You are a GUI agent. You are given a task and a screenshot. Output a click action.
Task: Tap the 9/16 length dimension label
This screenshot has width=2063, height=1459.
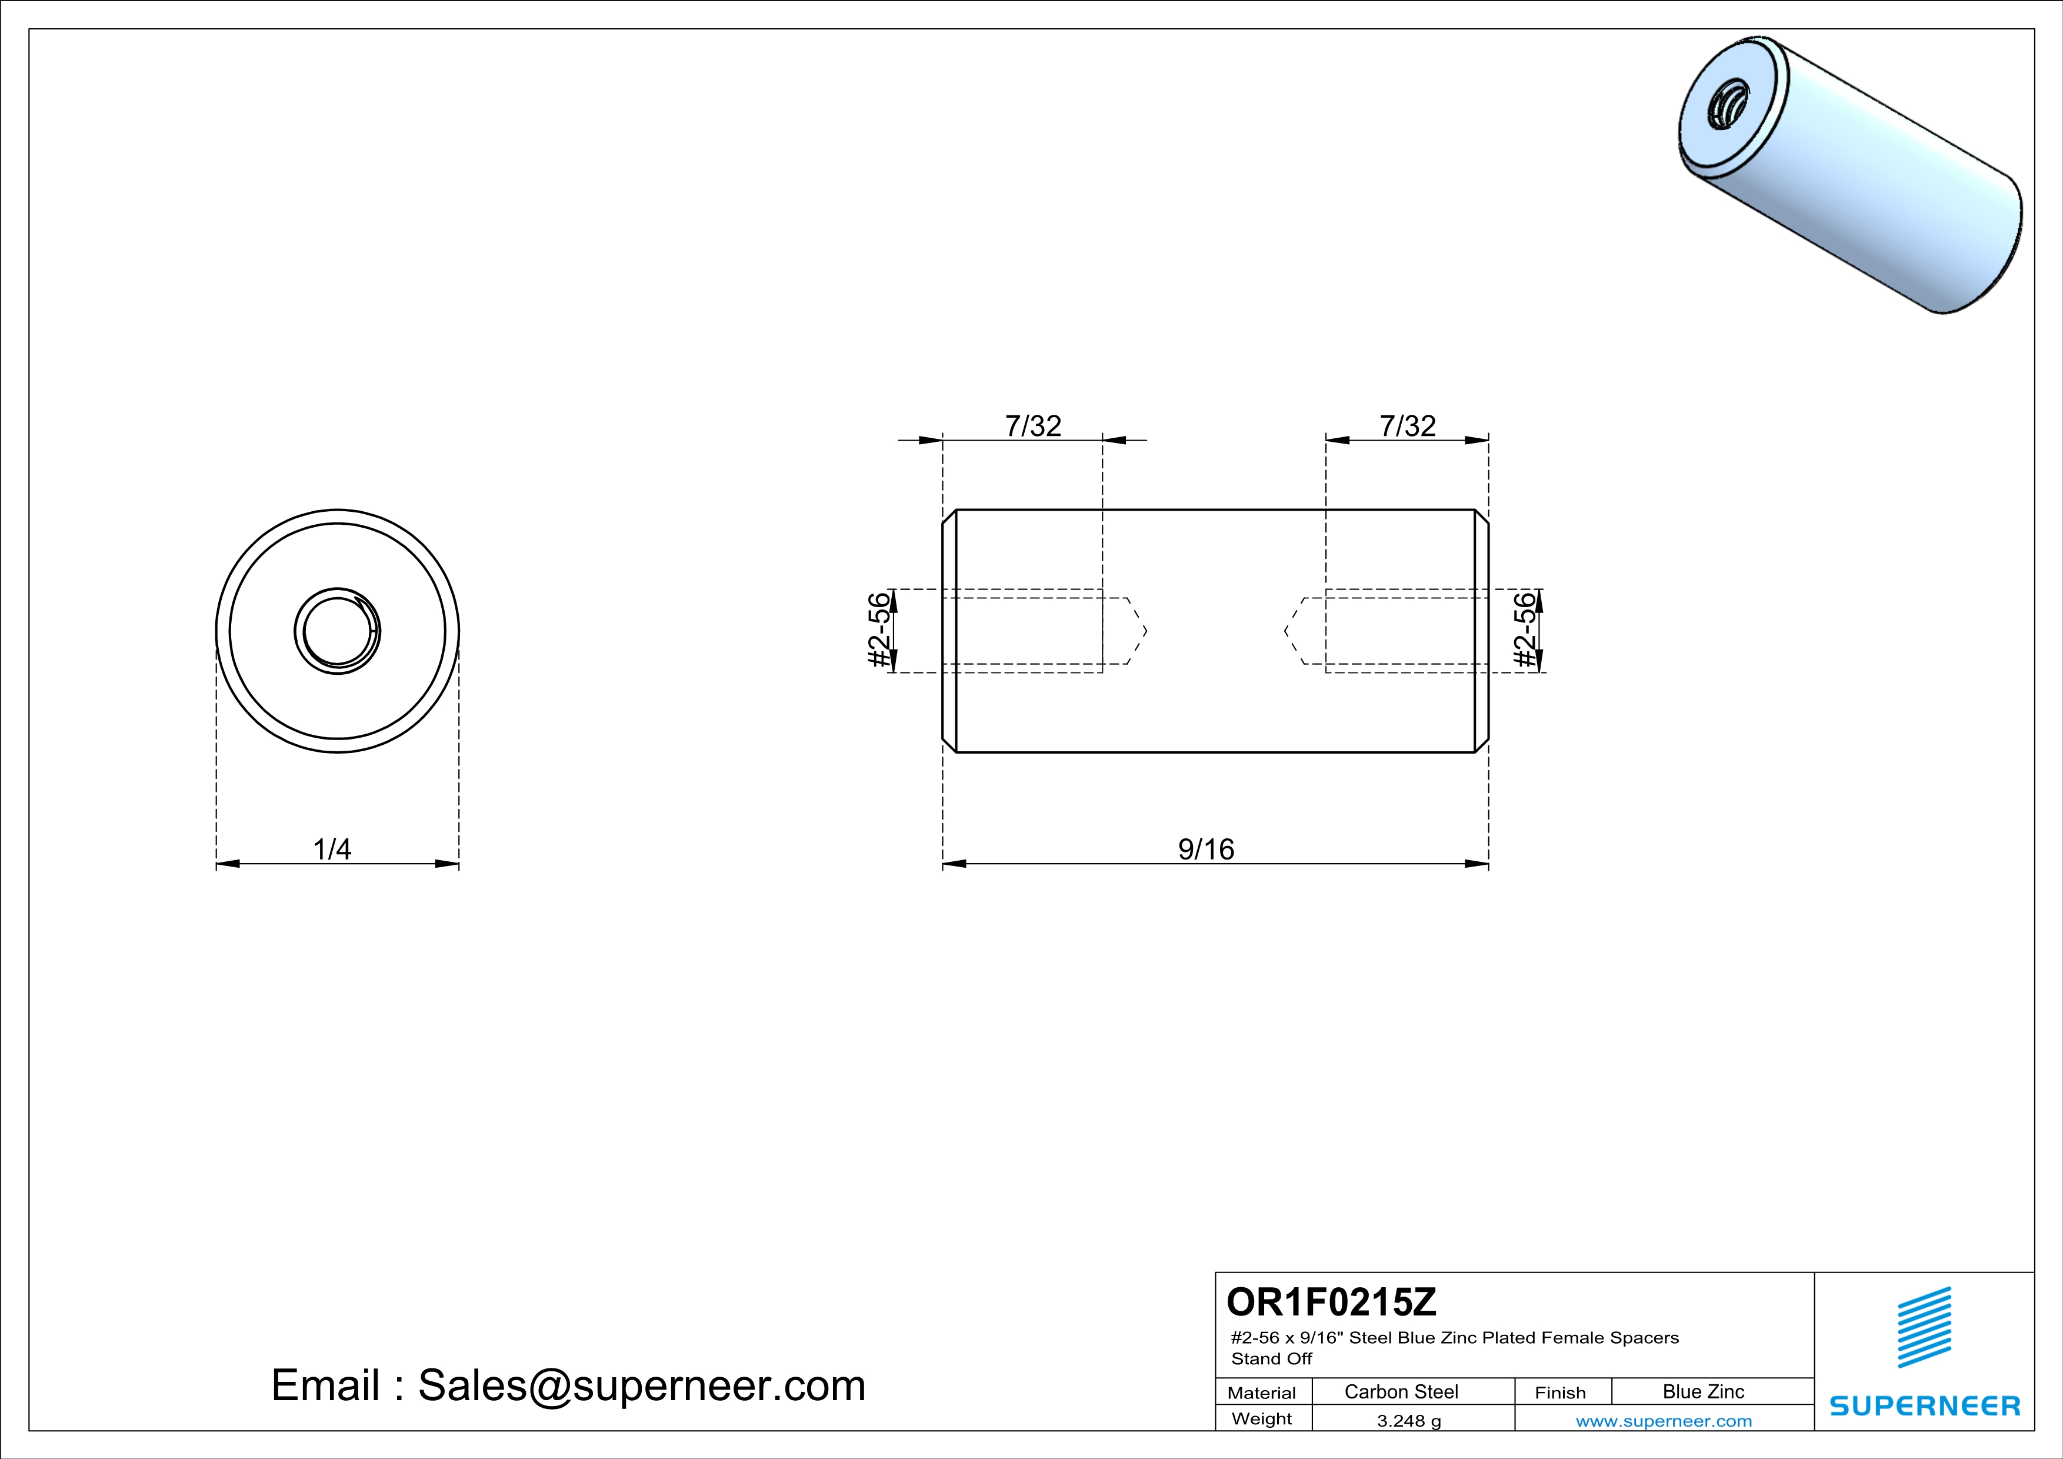coord(1206,849)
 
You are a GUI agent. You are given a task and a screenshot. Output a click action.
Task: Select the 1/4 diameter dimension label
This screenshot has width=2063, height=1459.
coord(332,849)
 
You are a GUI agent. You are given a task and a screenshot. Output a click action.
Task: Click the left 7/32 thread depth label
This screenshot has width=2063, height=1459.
coord(1034,426)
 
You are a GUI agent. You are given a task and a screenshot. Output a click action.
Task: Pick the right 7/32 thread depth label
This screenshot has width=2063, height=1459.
coord(1408,426)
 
